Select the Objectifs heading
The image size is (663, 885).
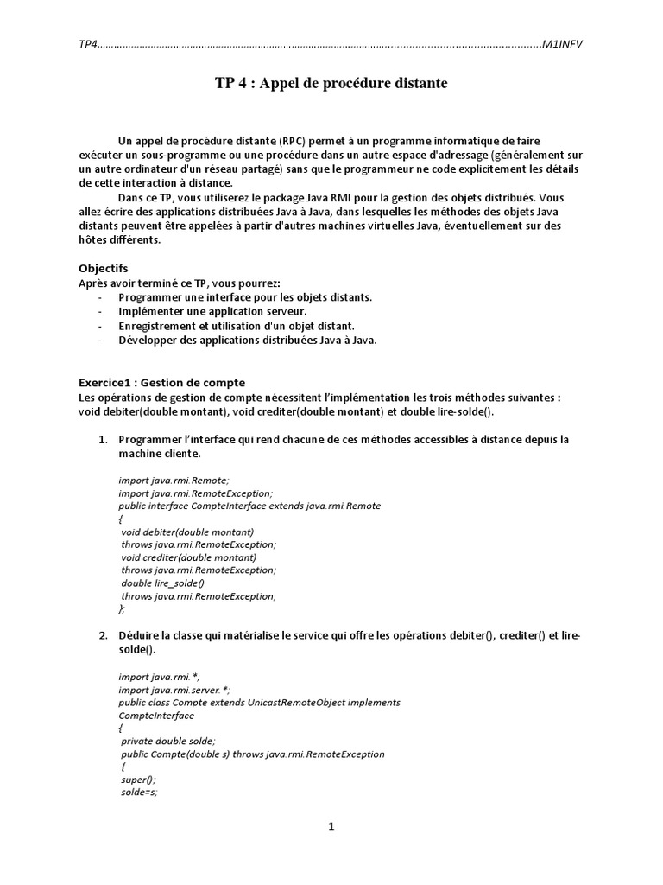[x=104, y=269]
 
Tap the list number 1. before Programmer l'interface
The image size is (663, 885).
[x=103, y=439]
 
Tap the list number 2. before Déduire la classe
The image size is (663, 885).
[x=103, y=636]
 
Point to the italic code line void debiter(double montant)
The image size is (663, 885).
[x=187, y=532]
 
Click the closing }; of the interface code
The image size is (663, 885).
[x=122, y=608]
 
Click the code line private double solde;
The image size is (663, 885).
[x=168, y=741]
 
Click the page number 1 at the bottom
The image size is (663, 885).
[x=331, y=826]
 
